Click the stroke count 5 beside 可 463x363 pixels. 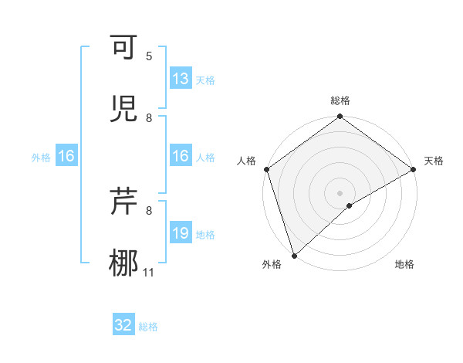149,56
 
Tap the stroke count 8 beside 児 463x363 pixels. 149,117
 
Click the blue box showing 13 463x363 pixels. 180,79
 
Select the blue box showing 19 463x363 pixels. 180,233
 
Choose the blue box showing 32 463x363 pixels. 123,325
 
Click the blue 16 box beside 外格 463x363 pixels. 66,157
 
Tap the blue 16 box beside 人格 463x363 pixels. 180,157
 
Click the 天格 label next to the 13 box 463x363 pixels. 204,80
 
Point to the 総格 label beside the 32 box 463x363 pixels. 148,326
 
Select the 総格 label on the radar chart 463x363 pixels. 340,100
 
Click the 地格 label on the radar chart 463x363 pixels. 404,265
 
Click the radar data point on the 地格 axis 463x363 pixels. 350,205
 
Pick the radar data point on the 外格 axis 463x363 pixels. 294,255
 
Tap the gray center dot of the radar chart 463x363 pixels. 340,192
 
